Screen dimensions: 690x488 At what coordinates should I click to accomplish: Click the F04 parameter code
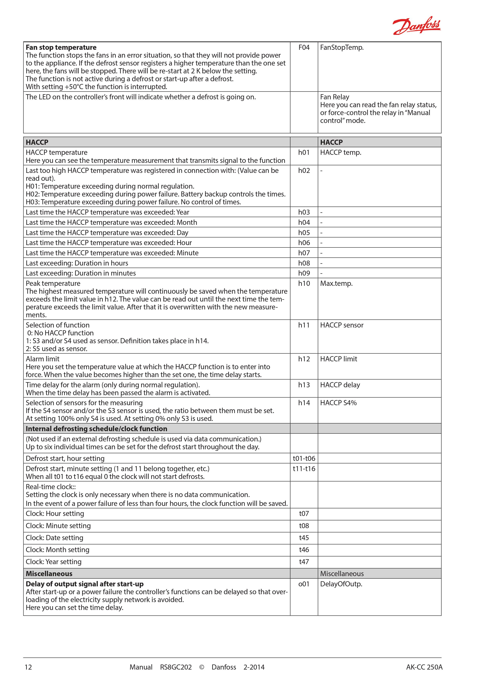pos(304,47)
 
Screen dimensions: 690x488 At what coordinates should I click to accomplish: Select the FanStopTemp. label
pos(342,47)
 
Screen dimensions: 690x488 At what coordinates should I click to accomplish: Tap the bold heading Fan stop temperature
pos(61,47)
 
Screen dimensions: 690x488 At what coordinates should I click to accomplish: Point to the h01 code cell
pos(304,152)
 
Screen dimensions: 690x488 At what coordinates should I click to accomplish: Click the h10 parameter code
pos(304,283)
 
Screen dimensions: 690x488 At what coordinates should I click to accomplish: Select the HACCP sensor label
pos(342,325)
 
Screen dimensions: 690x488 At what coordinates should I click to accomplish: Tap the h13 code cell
pos(304,385)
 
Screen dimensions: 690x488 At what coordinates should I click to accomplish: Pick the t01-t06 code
pos(304,458)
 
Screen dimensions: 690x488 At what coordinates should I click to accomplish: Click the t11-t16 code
pos(304,469)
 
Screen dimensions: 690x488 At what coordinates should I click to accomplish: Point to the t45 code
pos(304,538)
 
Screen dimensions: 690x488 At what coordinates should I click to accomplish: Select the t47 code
pos(304,562)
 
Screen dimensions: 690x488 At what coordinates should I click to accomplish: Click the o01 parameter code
pos(304,584)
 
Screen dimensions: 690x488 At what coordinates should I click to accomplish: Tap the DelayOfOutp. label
pos(341,584)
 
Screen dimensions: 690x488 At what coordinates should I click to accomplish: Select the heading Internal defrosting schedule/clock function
pos(96,429)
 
